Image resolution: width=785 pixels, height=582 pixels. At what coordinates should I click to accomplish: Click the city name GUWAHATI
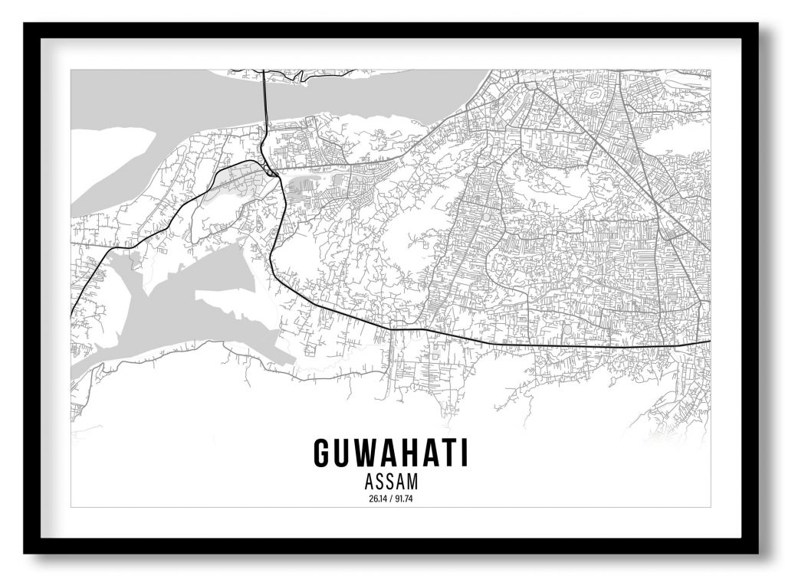click(x=391, y=453)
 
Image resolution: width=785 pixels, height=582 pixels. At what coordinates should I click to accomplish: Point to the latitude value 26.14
click(x=377, y=500)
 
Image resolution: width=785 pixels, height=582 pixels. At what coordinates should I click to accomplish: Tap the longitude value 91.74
click(x=405, y=500)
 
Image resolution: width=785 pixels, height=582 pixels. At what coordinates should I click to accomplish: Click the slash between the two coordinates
click(x=391, y=500)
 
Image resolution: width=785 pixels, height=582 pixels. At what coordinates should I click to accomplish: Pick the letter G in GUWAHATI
click(x=323, y=453)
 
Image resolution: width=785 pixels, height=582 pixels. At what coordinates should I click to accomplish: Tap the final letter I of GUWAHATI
click(x=463, y=453)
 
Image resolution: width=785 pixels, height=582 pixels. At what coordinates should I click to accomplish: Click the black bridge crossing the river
click(x=264, y=100)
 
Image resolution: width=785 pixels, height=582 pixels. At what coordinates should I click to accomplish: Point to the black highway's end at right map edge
click(x=708, y=342)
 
